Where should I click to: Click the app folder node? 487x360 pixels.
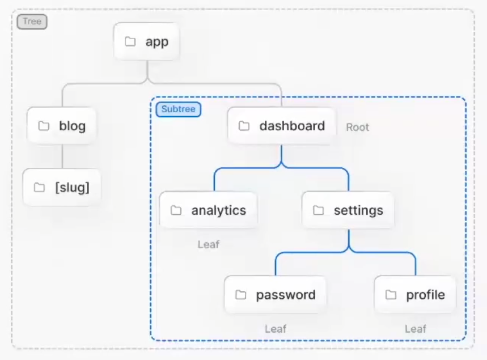click(147, 41)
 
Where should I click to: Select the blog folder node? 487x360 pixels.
click(61, 126)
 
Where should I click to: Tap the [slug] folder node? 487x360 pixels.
click(62, 187)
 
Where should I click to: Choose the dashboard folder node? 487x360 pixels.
click(282, 126)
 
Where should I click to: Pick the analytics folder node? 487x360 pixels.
click(209, 210)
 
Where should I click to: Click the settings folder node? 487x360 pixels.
click(348, 210)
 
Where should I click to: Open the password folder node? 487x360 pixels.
click(275, 294)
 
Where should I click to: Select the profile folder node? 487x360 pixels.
click(415, 294)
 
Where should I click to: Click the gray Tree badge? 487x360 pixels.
click(32, 22)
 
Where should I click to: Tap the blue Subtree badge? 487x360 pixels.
click(178, 109)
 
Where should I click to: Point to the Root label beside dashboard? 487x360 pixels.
click(358, 128)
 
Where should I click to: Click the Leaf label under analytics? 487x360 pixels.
click(209, 244)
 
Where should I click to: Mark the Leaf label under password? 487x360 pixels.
click(276, 329)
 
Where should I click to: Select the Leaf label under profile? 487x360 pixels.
click(416, 329)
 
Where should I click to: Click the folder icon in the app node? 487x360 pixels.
click(130, 41)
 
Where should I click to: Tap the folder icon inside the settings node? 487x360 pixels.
click(319, 210)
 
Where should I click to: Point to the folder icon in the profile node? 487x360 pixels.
click(391, 294)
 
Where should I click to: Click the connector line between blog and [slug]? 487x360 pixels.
click(62, 156)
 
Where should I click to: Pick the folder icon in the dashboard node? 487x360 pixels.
click(244, 126)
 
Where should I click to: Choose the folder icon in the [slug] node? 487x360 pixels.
click(40, 187)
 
